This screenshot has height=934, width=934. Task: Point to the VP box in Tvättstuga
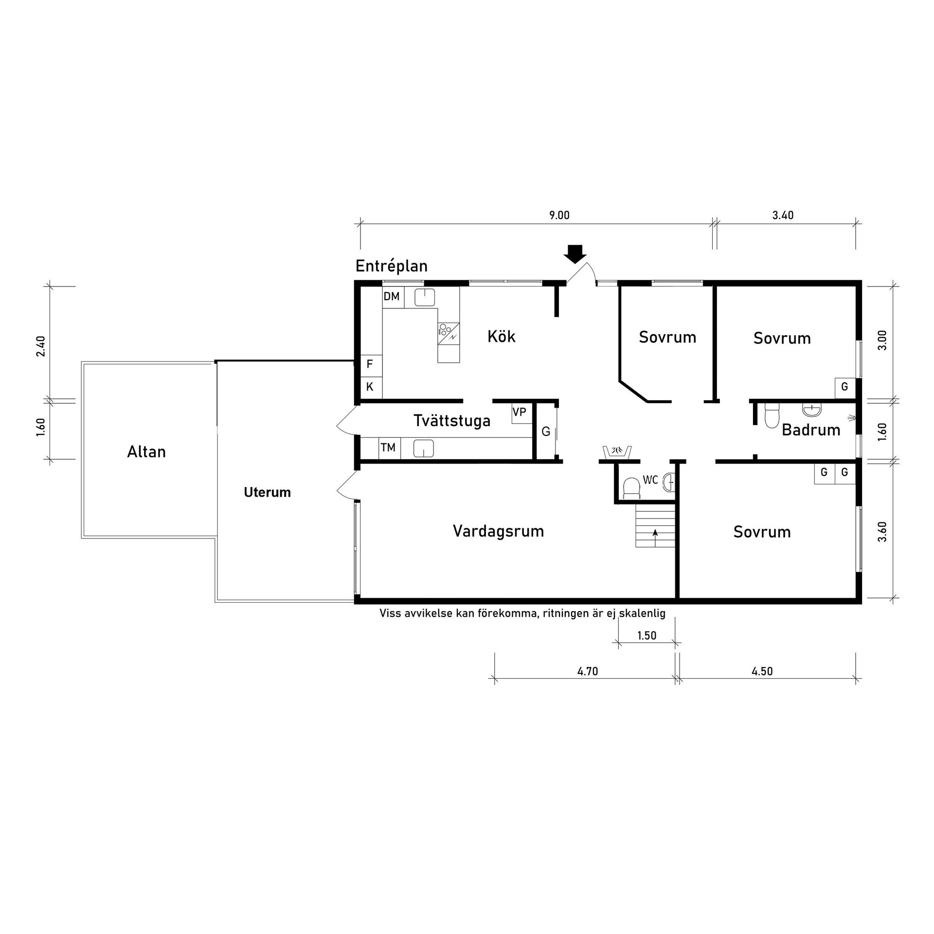[x=520, y=413]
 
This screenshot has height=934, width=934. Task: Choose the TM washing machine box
[x=389, y=448]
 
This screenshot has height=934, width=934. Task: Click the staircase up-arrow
[x=655, y=538]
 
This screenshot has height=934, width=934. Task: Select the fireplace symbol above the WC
[x=616, y=451]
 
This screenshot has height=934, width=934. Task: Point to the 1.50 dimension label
[x=647, y=636]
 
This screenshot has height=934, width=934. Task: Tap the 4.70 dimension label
[x=588, y=671]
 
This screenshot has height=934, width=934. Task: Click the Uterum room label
[x=267, y=492]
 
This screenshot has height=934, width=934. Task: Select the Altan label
[x=146, y=451]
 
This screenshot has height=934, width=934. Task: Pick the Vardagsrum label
[x=498, y=531]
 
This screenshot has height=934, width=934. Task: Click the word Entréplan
[x=392, y=266]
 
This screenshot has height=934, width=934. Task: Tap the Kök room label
[x=502, y=336]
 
